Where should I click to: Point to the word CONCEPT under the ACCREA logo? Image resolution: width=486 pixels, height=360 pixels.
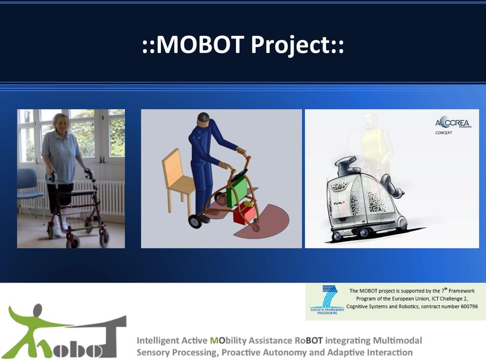pos(443,133)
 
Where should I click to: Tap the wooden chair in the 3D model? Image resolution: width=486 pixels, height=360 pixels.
pos(178,180)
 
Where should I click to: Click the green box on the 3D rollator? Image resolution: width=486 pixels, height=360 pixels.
pos(237,193)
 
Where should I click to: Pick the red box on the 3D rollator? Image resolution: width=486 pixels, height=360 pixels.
pos(245,214)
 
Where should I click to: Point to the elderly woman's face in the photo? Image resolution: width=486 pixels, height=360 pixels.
pos(61,124)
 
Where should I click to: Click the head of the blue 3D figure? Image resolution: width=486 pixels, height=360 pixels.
pos(204,119)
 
